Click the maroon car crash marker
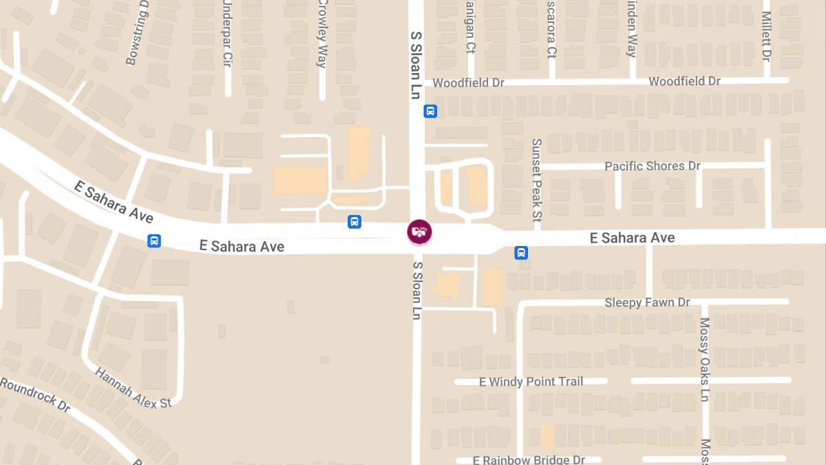[x=419, y=231]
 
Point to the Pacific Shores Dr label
[x=652, y=166]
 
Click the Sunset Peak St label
[x=537, y=179]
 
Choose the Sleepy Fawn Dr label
[x=647, y=302]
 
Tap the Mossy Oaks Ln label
[x=704, y=360]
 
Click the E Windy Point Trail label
[x=531, y=382]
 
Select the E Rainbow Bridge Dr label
[x=529, y=459]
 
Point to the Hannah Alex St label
[x=134, y=387]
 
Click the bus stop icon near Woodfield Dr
[x=430, y=111]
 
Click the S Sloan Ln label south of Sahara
[x=416, y=290]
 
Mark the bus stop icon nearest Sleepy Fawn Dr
[x=521, y=253]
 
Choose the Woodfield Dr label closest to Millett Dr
[x=684, y=81]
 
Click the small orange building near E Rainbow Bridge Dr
[x=547, y=435]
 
